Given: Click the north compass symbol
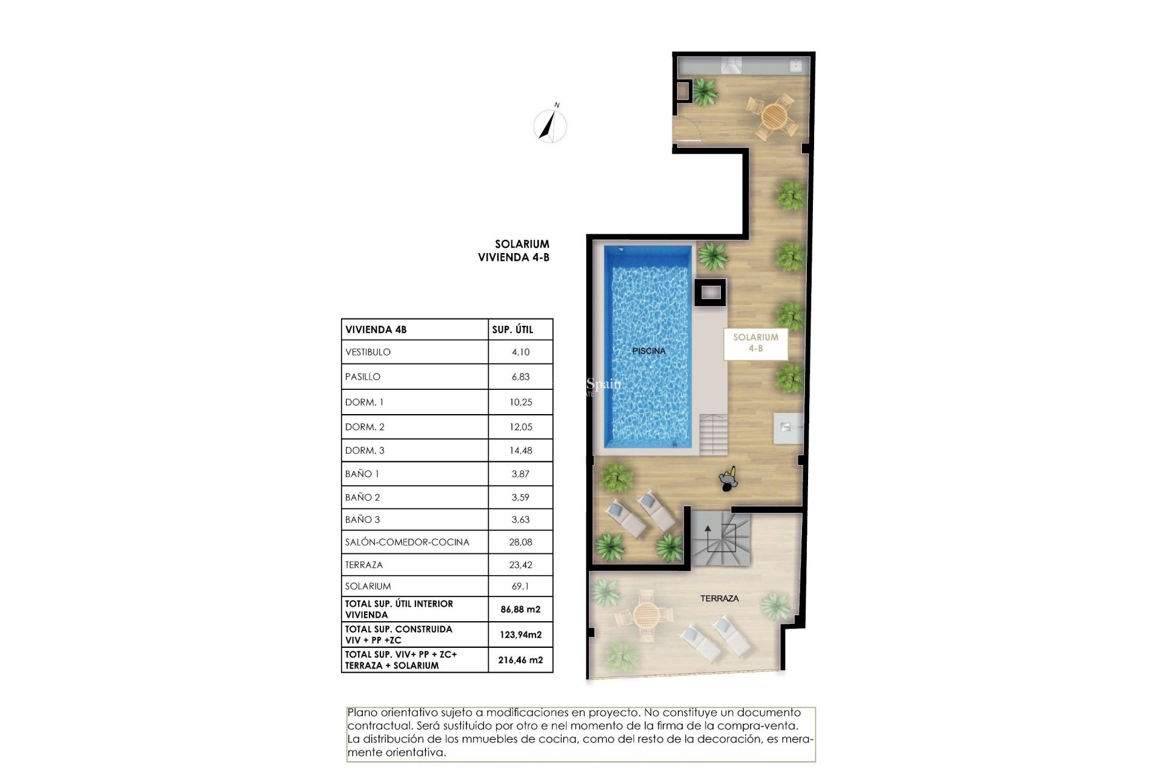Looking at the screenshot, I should (550, 125).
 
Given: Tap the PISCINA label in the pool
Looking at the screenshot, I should (648, 351).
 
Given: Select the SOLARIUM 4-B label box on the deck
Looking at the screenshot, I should (755, 343).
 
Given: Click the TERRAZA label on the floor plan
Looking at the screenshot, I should (719, 598).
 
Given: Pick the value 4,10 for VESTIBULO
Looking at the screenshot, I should (520, 352).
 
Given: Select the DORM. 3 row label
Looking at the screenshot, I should (365, 450).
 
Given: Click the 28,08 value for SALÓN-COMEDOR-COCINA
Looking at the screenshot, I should (520, 542).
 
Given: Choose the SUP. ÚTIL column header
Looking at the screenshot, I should (512, 329).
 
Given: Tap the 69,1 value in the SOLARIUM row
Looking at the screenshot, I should (520, 586).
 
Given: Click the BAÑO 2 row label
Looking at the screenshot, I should (362, 497).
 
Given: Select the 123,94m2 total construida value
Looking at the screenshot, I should (520, 635).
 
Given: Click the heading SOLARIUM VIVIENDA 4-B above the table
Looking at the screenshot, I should (514, 250).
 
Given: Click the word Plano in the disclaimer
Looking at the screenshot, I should (361, 713).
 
